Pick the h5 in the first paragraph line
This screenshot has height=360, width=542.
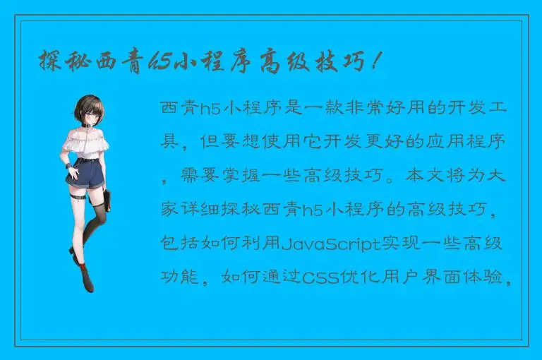[210, 109]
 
